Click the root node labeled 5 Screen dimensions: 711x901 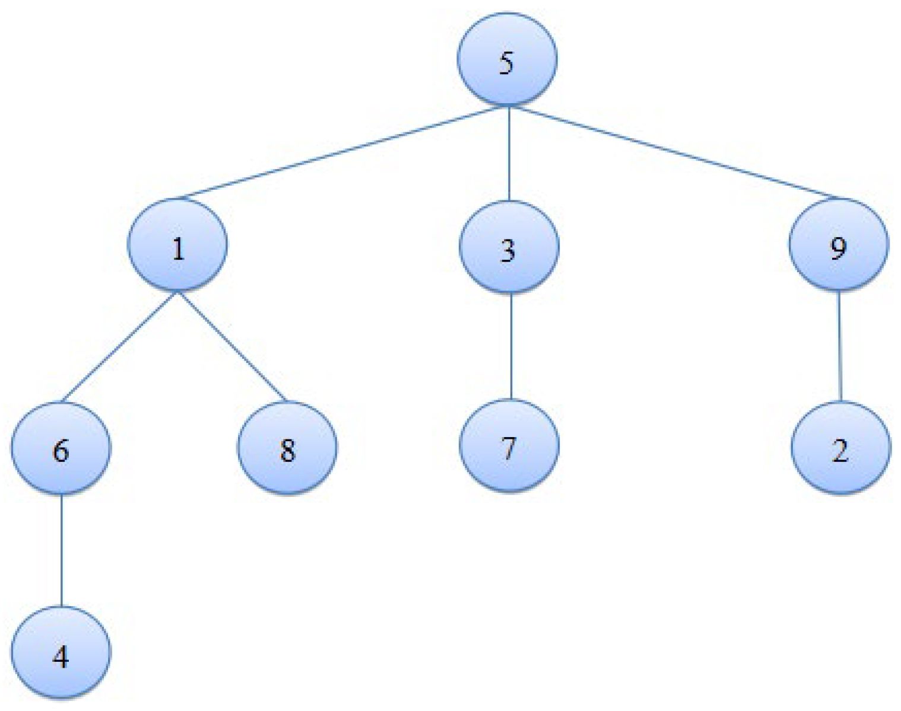tap(507, 59)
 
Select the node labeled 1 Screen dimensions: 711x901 tap(177, 245)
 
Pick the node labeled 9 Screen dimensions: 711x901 tap(839, 245)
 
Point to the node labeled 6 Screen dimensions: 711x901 tap(61, 448)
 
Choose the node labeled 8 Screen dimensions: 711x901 tap(287, 448)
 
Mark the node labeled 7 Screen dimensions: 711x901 tap(509, 446)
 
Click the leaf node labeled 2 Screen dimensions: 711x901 tap(840, 448)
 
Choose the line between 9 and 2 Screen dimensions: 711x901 tap(839, 346)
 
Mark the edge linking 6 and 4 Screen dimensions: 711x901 tap(62, 550)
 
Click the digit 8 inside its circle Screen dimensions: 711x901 tap(287, 451)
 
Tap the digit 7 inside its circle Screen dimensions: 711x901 tap(508, 448)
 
